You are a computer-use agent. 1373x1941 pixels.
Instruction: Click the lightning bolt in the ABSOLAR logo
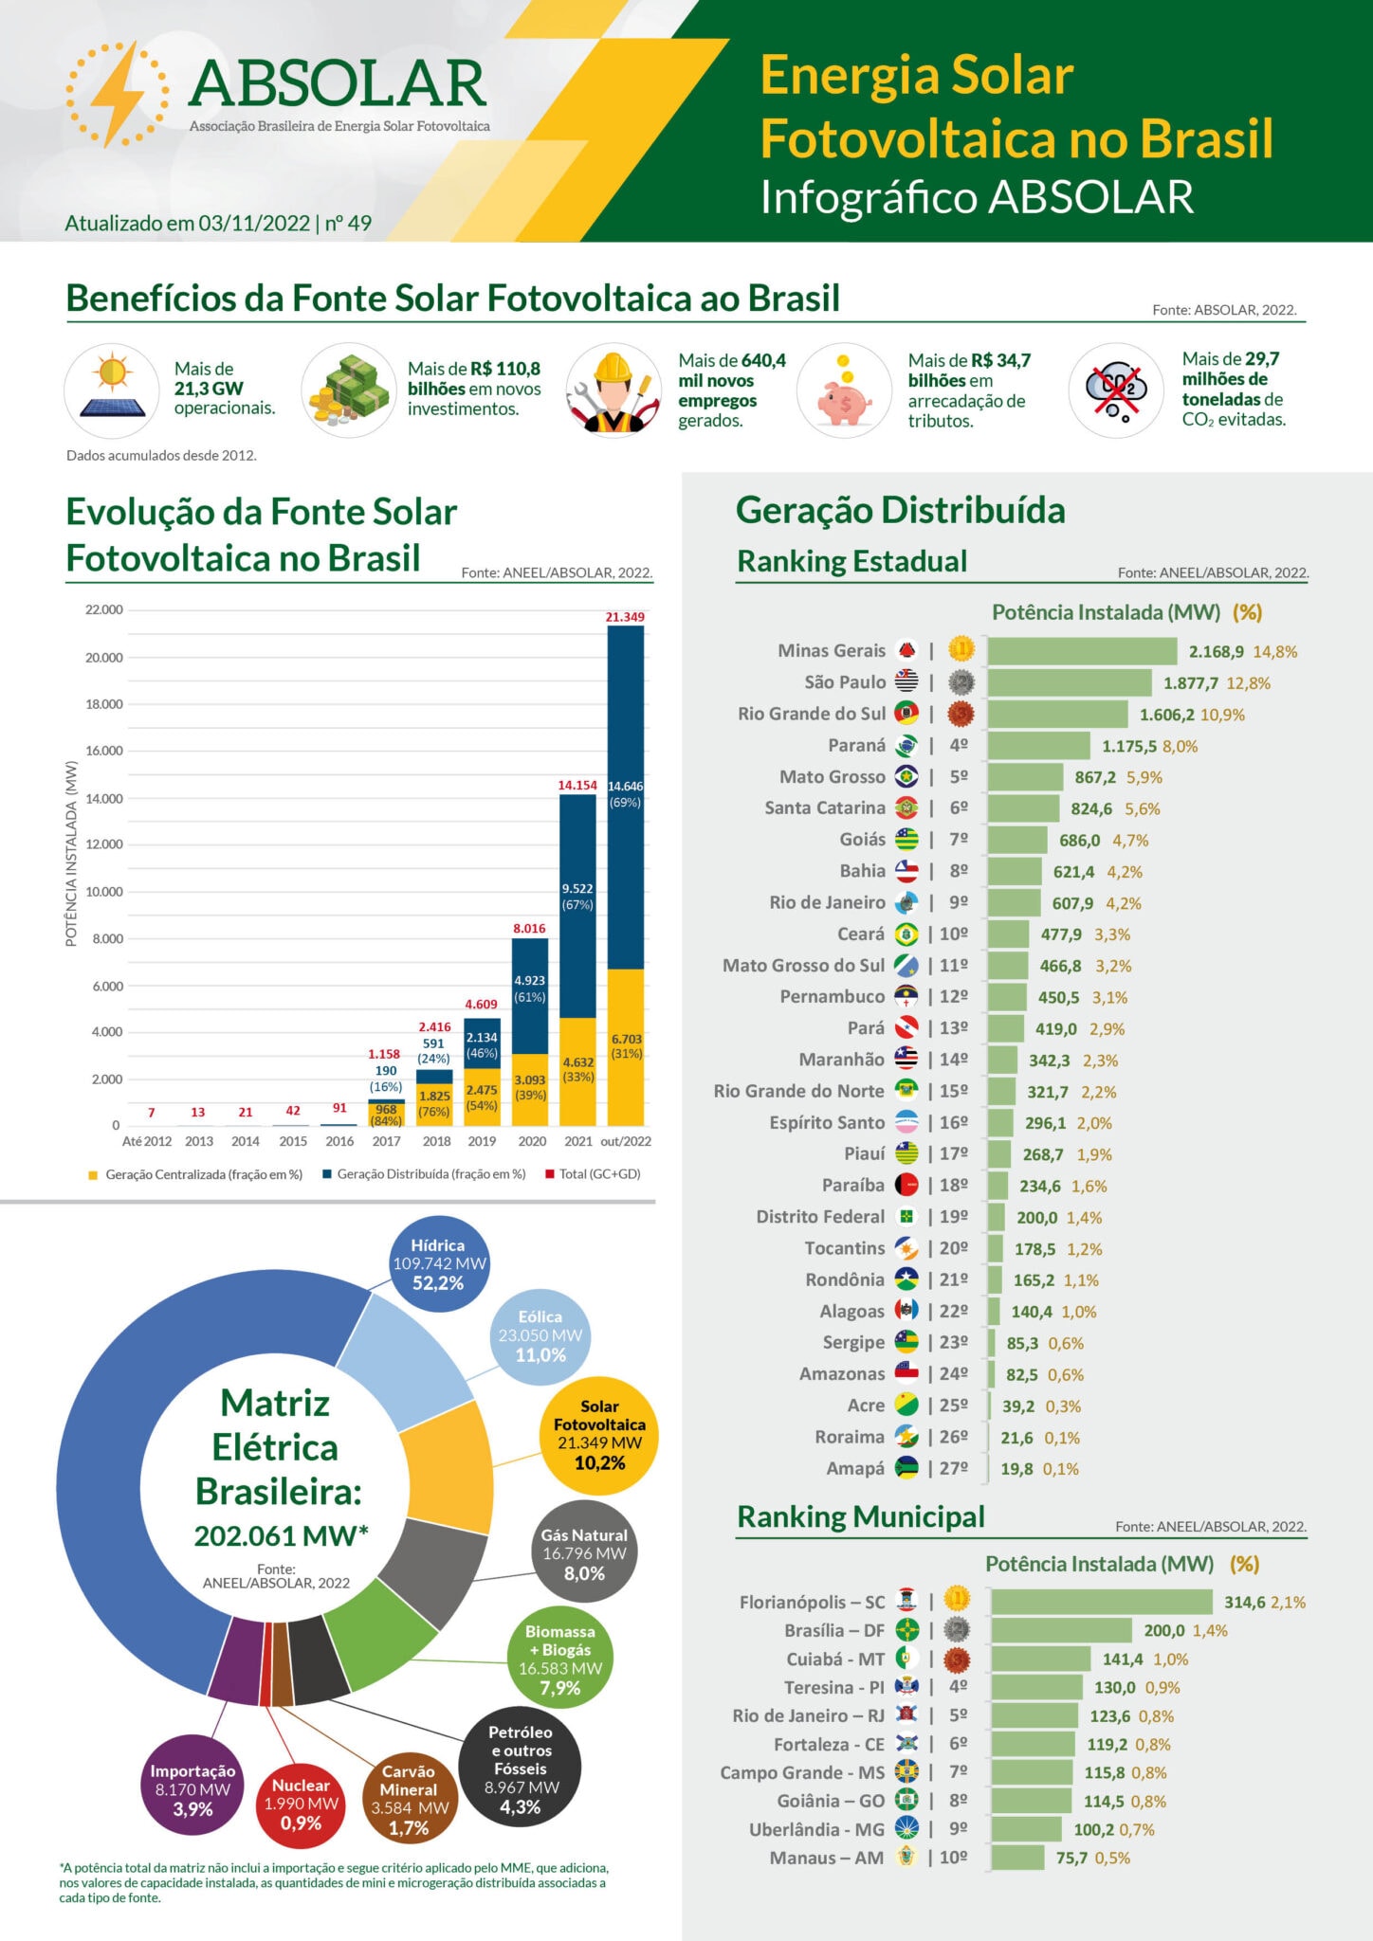(118, 93)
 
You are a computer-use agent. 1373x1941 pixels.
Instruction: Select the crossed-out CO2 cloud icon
(1116, 390)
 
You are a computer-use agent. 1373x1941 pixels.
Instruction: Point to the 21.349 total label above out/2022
(625, 617)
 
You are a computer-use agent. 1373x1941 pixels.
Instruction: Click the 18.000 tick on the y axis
(104, 704)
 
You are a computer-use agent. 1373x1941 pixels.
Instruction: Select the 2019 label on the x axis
(482, 1141)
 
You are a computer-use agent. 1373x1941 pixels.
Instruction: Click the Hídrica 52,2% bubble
(439, 1264)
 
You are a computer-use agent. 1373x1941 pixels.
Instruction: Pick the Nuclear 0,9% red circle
(301, 1804)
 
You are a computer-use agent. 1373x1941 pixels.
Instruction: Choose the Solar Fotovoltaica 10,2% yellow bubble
(599, 1435)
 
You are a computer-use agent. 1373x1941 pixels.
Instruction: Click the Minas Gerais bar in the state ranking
(1082, 651)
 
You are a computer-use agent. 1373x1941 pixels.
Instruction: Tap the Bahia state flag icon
(906, 871)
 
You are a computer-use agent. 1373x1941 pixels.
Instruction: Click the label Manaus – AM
(827, 1858)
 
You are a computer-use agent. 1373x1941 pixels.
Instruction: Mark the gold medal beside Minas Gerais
(961, 650)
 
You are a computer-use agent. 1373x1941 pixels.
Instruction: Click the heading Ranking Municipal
(861, 1516)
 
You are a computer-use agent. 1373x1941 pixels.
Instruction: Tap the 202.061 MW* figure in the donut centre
(281, 1535)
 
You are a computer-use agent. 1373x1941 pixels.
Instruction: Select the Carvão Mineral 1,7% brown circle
(409, 1799)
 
